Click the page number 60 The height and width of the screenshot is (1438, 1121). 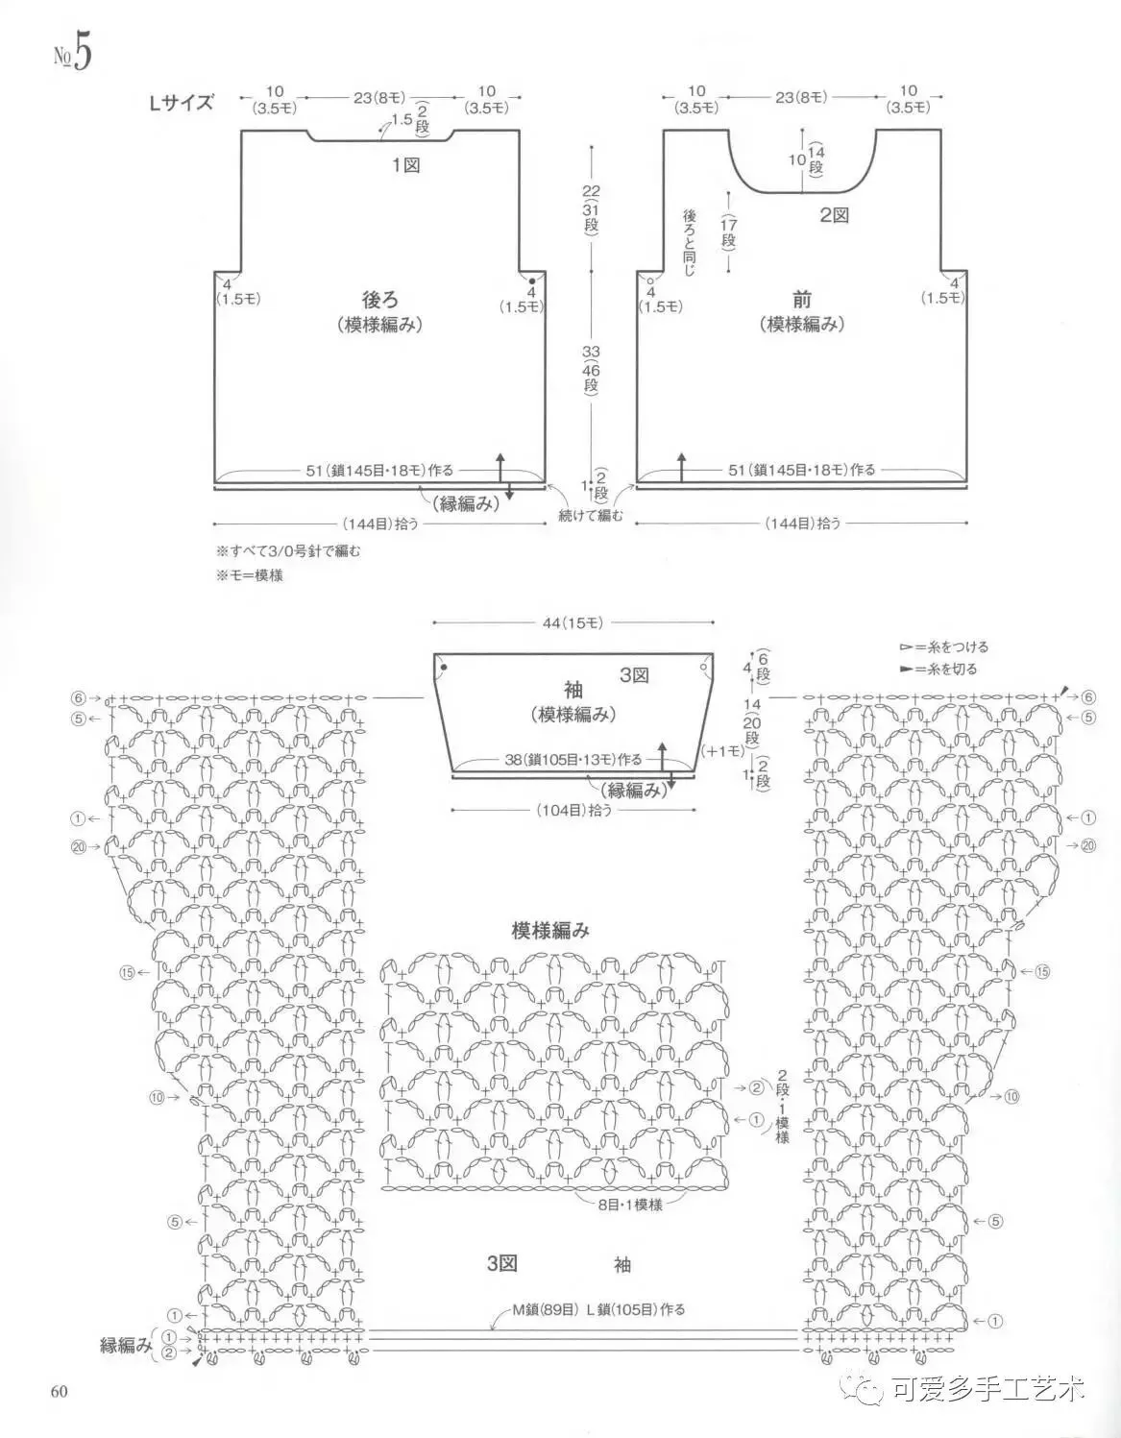tap(55, 1392)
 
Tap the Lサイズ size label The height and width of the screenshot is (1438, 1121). tap(181, 103)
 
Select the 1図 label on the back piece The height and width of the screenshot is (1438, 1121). tap(406, 165)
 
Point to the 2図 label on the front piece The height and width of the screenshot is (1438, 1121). tap(834, 215)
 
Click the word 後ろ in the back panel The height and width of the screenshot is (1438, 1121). tap(379, 300)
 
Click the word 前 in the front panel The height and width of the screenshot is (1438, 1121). tap(802, 300)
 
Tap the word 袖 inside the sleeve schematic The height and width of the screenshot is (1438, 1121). tap(573, 689)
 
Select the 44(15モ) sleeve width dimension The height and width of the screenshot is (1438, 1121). tap(573, 623)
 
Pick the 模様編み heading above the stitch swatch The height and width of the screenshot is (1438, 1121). tap(550, 930)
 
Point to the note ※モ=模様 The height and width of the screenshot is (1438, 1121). tap(249, 575)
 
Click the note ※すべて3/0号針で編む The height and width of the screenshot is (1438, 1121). tap(288, 551)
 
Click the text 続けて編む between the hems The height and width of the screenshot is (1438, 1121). tap(591, 517)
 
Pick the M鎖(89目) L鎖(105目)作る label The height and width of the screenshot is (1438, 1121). tap(597, 1308)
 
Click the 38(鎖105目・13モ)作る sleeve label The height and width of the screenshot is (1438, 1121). tap(573, 759)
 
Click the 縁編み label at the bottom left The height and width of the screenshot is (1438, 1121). tap(126, 1346)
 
